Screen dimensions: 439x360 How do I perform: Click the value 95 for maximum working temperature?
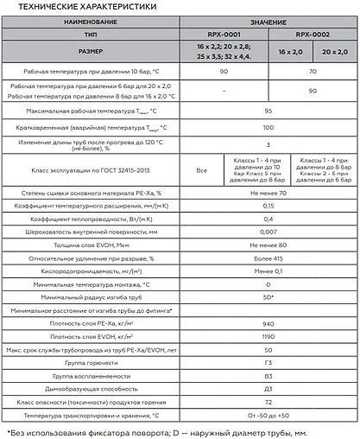(x=268, y=111)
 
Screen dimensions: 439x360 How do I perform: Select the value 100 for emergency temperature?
(x=268, y=127)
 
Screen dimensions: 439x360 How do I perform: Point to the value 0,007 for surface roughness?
(x=268, y=232)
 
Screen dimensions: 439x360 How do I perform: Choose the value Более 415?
(x=268, y=258)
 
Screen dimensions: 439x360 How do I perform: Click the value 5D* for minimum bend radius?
(x=268, y=296)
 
